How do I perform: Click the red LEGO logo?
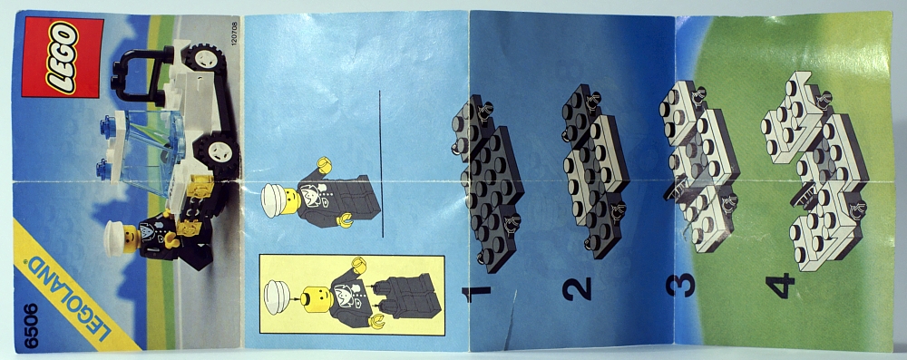63,57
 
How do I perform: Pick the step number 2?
577,287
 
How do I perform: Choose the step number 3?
680,285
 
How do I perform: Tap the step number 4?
780,286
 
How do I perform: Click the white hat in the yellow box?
277,296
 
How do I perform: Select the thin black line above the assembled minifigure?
382,164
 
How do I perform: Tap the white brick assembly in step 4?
814,170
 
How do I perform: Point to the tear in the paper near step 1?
510,318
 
